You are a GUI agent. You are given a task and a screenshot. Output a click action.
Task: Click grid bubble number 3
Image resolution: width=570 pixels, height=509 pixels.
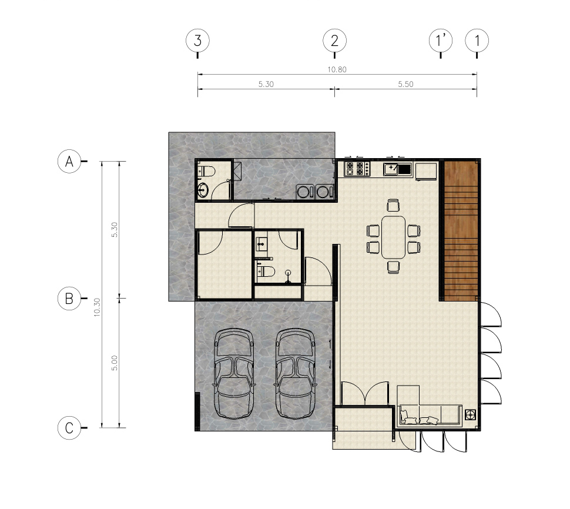197,41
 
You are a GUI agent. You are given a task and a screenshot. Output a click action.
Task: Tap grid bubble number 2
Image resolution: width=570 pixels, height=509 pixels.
334,41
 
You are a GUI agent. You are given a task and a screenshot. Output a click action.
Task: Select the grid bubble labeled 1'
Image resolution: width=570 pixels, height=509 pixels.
441,41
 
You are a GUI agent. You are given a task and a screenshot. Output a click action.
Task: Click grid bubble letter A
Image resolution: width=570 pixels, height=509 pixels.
69,161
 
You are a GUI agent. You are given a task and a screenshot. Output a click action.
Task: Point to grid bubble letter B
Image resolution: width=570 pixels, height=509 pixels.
69,299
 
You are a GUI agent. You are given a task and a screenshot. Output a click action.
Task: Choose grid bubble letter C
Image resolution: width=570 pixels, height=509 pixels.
69,428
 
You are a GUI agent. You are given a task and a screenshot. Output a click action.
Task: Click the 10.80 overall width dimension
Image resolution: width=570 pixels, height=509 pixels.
337,69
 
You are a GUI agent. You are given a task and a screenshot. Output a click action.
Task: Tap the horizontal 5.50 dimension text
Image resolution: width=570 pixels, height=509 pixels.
405,84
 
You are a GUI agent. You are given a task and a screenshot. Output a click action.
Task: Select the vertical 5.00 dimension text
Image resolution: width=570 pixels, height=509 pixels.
115,363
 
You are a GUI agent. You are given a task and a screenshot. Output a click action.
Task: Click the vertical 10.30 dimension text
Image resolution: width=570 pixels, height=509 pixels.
97,307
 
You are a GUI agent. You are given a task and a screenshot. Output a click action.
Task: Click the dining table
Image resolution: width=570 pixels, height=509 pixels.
393,237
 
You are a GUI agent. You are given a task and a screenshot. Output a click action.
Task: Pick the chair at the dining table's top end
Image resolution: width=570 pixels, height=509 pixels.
393,205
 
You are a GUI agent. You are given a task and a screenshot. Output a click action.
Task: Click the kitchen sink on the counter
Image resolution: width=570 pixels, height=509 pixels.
398,169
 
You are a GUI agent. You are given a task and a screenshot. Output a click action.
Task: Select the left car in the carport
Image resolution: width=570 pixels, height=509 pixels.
234,373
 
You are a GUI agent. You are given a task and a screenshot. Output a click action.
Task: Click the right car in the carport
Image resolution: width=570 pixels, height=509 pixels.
296,373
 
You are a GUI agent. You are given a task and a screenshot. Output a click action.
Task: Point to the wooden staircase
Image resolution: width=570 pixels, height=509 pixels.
461,231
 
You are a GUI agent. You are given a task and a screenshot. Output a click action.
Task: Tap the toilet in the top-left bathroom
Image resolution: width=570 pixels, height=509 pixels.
206,170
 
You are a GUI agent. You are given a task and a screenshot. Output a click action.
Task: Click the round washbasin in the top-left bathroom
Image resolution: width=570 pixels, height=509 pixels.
203,190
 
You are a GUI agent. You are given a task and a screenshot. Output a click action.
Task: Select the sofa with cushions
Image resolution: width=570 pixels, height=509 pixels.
430,415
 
